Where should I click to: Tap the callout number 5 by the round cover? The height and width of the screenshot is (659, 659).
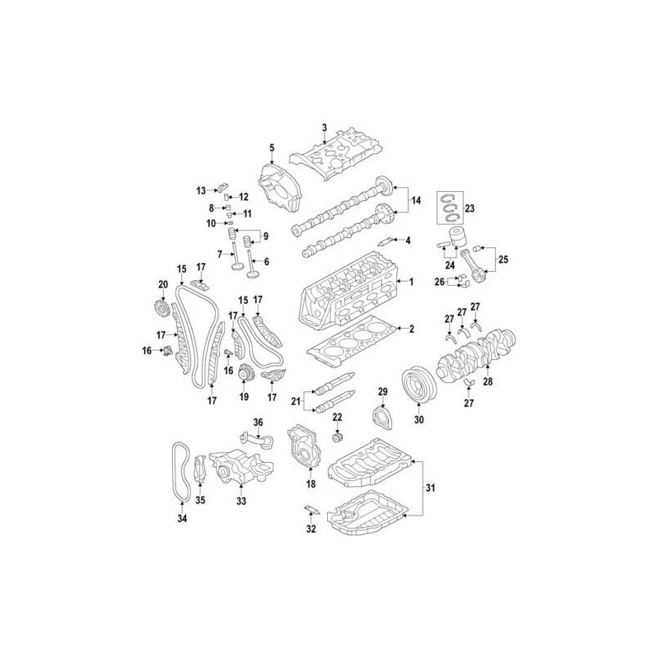pos(270,147)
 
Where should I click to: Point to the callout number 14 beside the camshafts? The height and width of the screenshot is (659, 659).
pos(415,200)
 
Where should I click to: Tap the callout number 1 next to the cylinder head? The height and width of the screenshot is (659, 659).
pos(409,283)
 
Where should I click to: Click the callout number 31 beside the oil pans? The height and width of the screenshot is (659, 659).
pos(430,489)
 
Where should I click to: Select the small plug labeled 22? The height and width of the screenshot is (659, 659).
pos(336,436)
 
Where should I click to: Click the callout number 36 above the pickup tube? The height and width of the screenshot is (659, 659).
pos(257,423)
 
